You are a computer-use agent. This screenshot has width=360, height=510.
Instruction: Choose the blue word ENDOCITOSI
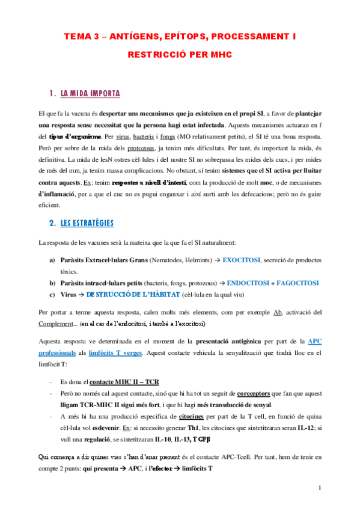click(x=242, y=283)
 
